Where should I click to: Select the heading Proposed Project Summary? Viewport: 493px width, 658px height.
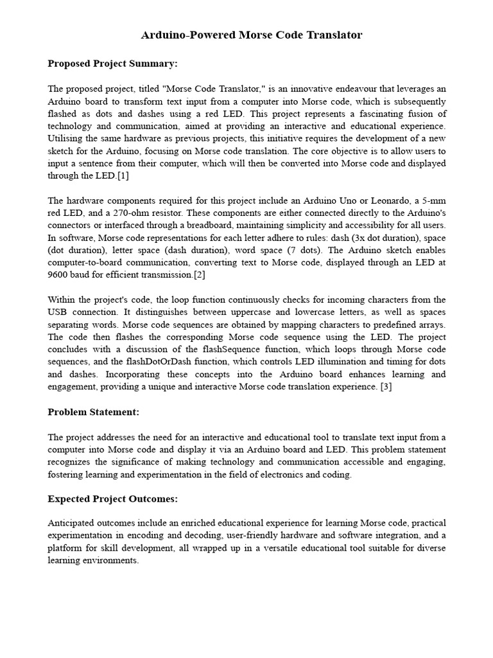pos(112,64)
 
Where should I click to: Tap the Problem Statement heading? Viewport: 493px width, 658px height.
pos(93,411)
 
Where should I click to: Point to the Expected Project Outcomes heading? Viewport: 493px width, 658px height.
pos(112,499)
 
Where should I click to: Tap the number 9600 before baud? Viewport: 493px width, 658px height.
pos(59,275)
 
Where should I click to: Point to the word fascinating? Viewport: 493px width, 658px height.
pos(368,114)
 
